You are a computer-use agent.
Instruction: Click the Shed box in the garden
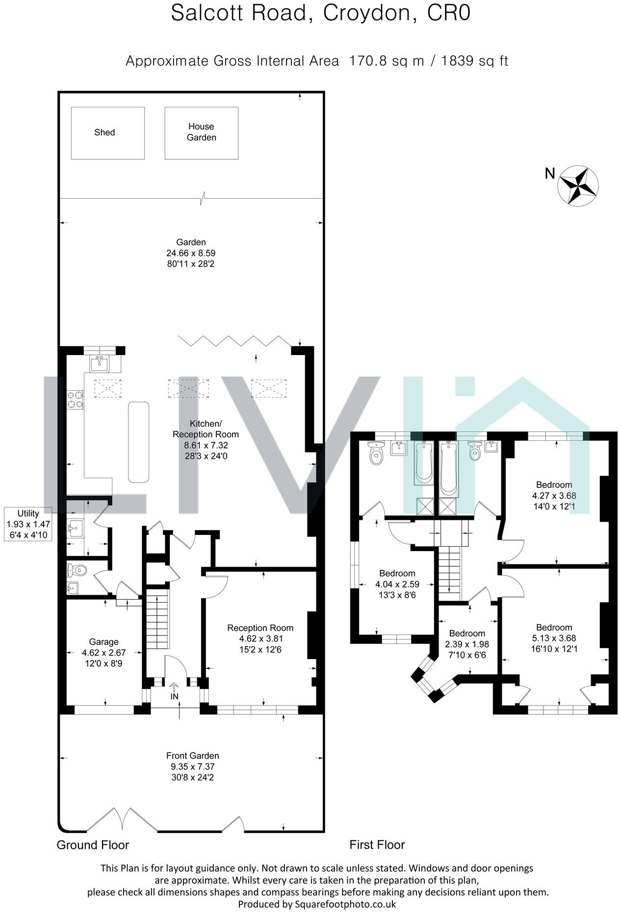pos(107,133)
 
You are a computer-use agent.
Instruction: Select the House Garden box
pos(201,133)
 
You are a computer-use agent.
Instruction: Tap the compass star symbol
pos(579,185)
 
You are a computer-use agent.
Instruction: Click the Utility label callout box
pos(28,524)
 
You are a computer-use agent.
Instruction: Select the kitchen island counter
pos(138,441)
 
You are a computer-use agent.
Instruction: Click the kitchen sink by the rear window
pos(100,364)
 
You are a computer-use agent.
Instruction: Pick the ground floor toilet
pos(77,570)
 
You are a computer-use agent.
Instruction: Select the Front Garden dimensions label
pos(192,766)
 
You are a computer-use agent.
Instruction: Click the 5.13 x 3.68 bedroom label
pos(554,638)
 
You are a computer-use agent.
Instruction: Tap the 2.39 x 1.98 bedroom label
pos(466,644)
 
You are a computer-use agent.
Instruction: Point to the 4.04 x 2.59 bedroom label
pos(397,584)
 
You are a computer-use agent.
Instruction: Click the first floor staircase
pos(450,571)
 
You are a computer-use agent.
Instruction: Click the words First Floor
pos(377,845)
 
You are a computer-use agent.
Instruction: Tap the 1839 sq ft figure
pos(474,61)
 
